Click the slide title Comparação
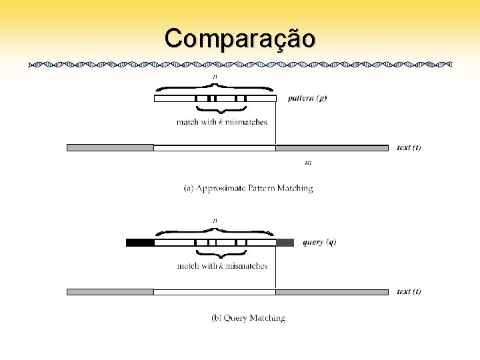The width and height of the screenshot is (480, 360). (240, 38)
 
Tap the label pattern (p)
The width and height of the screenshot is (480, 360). (307, 98)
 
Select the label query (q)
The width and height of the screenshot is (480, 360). (319, 242)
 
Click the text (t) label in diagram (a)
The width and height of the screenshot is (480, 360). (409, 147)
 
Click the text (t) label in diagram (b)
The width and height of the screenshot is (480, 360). (409, 291)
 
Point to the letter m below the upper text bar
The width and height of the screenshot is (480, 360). (308, 162)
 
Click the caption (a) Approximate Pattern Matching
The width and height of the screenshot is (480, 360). (248, 189)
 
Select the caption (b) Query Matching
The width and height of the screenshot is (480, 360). (248, 318)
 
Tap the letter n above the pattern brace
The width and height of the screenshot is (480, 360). (215, 77)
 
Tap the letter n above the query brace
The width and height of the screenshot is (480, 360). (215, 220)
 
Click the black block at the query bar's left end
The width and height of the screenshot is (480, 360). (140, 243)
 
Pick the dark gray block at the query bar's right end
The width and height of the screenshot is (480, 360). (285, 243)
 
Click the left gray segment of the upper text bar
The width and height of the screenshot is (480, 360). (110, 148)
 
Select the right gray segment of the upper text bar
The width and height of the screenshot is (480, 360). (332, 148)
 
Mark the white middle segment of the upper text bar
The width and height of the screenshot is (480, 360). (215, 148)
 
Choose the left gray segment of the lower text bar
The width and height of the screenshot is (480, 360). (110, 292)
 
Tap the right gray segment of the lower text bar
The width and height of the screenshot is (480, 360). (332, 292)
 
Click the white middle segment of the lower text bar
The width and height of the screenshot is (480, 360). (215, 292)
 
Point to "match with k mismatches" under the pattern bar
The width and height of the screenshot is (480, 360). (222, 122)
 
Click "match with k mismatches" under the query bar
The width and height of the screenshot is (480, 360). (222, 266)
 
